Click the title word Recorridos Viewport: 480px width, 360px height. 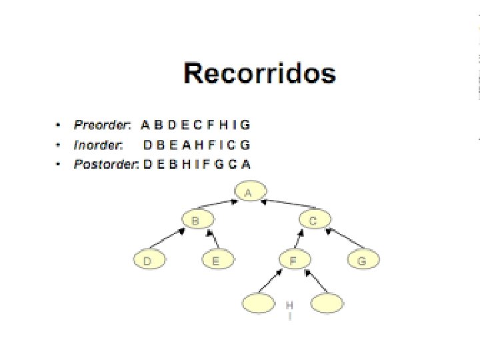click(259, 73)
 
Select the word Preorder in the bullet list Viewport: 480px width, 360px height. click(103, 125)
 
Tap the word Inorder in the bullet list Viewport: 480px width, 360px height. click(98, 145)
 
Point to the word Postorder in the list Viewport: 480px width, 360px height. click(105, 165)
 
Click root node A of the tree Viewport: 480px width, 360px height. click(249, 193)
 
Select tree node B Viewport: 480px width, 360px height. click(196, 219)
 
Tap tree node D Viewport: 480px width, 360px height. click(147, 261)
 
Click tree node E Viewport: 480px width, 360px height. click(215, 261)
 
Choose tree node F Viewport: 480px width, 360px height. click(293, 261)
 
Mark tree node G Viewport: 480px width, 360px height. click(362, 261)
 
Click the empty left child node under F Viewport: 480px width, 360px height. click(258, 303)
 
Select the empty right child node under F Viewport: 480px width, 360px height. click(327, 303)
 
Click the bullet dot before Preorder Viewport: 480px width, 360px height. click(59, 125)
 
